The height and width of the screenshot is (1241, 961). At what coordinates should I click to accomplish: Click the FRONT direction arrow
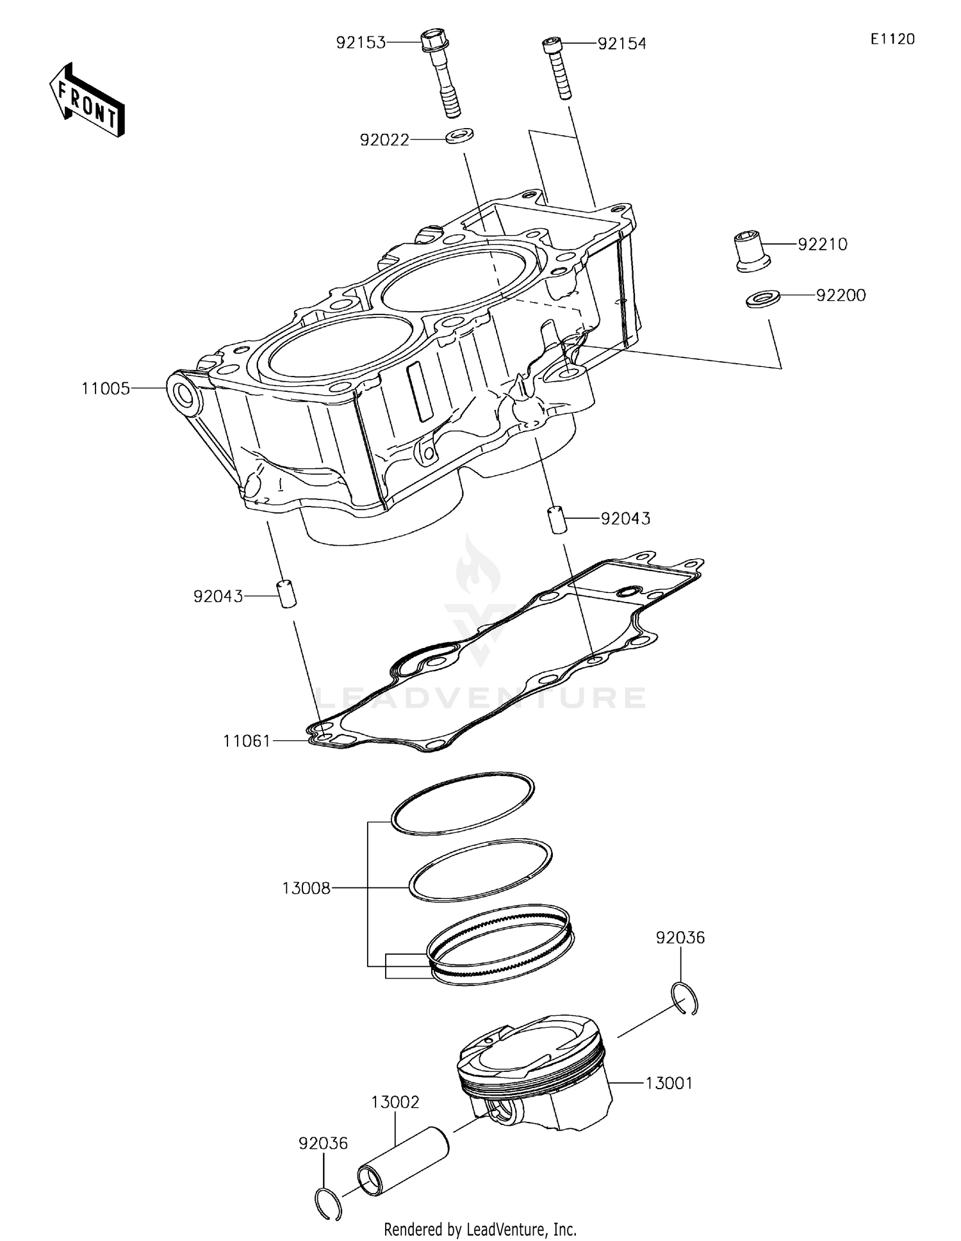point(86,101)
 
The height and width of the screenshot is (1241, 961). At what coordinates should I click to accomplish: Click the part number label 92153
point(361,43)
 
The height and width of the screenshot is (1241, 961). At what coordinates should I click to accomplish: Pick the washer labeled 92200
point(762,298)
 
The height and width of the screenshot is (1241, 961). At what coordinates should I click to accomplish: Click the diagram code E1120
point(892,39)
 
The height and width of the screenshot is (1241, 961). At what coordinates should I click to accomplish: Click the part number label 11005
point(106,389)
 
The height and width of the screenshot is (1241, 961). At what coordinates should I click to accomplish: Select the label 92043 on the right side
point(625,518)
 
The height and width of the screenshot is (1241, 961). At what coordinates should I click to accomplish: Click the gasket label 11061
point(247,741)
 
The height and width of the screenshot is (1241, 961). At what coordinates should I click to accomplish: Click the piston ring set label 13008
point(306,888)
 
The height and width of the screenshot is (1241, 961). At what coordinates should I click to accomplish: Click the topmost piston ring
point(462,804)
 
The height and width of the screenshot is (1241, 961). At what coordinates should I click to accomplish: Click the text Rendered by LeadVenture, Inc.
point(480,1229)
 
